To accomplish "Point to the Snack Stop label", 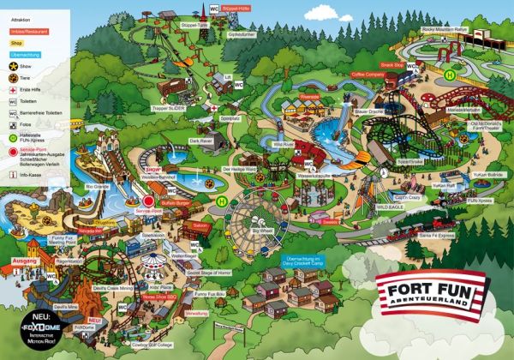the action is (x=391, y=64).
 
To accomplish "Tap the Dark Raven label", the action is (x=200, y=141).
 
